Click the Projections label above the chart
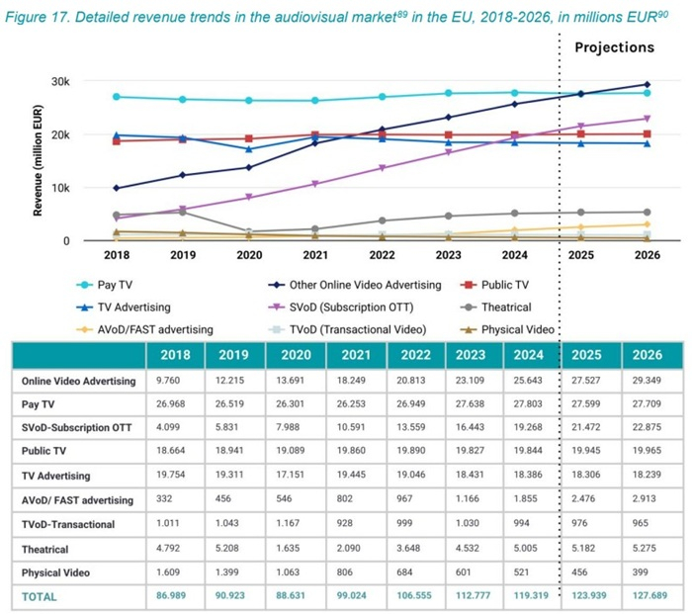click(614, 47)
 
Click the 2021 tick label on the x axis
click(315, 253)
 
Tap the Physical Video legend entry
click(515, 329)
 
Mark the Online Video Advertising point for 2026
click(648, 85)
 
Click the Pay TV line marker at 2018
click(117, 97)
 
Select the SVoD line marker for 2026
click(648, 119)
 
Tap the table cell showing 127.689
click(647, 596)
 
